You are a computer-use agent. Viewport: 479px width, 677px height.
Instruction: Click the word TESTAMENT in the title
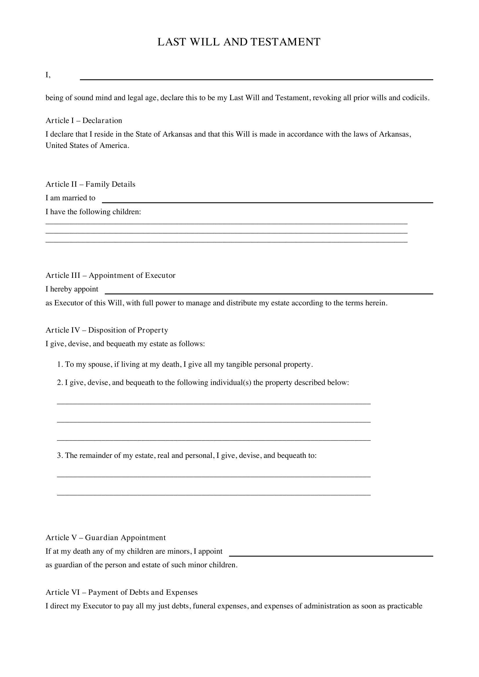coord(285,42)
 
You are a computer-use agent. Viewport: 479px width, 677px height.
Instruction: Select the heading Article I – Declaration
coord(84,121)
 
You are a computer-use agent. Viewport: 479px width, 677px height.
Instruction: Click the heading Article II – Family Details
coord(90,184)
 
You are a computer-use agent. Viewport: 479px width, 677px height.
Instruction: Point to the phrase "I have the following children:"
coord(93,212)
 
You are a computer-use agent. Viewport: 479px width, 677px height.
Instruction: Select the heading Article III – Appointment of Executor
coord(110,275)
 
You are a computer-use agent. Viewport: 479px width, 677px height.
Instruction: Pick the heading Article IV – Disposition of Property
coord(107,330)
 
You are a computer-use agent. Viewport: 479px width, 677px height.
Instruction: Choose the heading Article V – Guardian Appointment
coord(106,537)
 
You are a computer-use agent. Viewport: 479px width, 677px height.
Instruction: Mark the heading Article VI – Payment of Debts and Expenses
coord(122,592)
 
